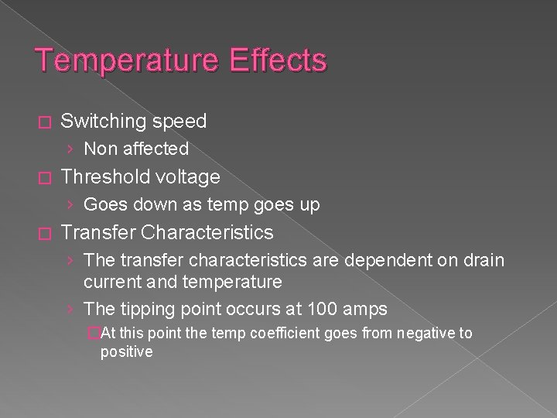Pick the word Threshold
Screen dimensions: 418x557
104,177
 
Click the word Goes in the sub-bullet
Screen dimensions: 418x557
103,204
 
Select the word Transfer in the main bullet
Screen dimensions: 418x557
98,232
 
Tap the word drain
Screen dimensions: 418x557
480,261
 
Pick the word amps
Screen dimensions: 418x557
367,309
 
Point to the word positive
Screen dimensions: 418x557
126,351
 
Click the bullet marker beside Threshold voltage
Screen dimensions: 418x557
43,178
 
